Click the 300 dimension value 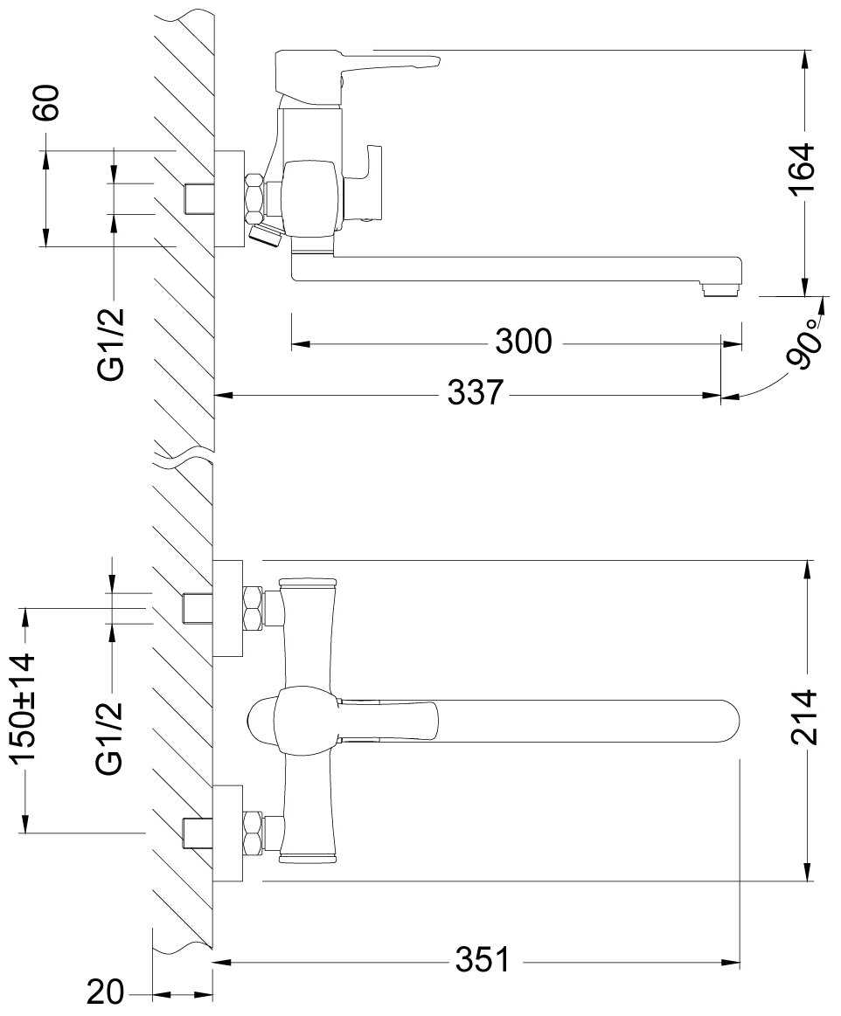[524, 341]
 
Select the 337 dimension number [476, 392]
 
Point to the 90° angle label [803, 342]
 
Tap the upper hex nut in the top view [253, 608]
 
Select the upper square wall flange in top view [228, 608]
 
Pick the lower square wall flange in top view [228, 833]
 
